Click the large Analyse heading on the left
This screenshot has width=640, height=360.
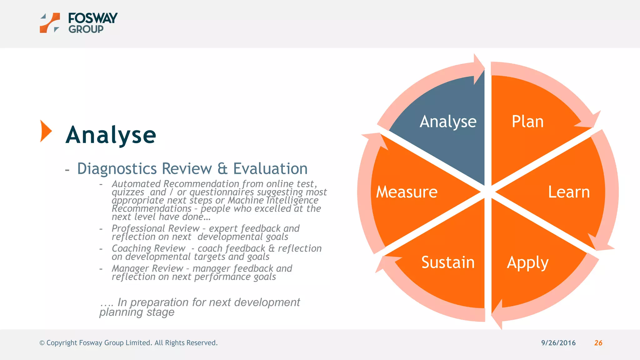(x=111, y=135)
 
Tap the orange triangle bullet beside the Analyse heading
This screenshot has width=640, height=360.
(x=46, y=131)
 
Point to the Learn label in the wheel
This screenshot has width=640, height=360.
(x=569, y=192)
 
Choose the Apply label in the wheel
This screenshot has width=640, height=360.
(x=527, y=262)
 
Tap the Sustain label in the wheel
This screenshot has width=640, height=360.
(x=447, y=262)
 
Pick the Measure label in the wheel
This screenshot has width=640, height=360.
(x=407, y=192)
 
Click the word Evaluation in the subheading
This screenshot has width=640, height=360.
(x=270, y=169)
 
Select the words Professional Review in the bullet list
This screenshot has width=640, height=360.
(x=155, y=228)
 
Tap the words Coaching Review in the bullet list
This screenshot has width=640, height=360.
(x=148, y=248)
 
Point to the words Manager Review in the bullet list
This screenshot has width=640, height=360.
(x=147, y=268)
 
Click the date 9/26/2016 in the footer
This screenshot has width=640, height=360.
(x=558, y=343)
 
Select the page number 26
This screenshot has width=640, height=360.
(x=598, y=343)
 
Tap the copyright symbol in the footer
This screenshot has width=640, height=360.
(x=42, y=343)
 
